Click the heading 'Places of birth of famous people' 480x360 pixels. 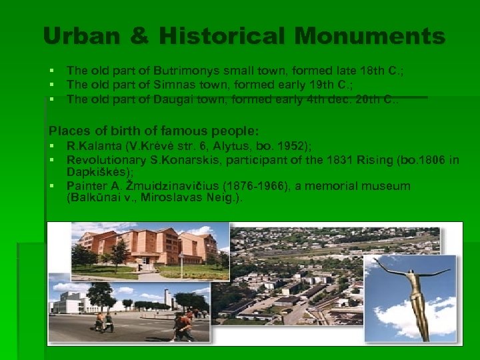click(154, 131)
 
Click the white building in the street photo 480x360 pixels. click(73, 303)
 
